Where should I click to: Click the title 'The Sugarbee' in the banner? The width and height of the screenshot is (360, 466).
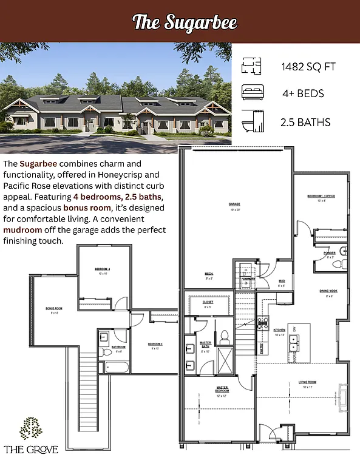pyautogui.click(x=185, y=22)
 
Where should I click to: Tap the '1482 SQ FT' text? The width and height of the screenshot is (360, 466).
pyautogui.click(x=308, y=66)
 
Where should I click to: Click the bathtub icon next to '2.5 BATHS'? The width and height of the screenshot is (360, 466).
pyautogui.click(x=251, y=121)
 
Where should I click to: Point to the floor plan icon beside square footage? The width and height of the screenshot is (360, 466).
pyautogui.click(x=251, y=66)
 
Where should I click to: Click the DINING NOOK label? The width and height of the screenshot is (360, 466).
pyautogui.click(x=328, y=291)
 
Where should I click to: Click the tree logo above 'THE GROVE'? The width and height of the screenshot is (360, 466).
pyautogui.click(x=31, y=428)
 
